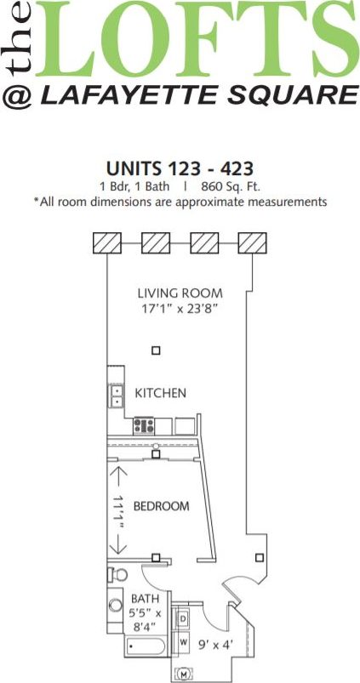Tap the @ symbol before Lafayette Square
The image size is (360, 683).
19,96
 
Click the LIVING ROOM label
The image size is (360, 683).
180,293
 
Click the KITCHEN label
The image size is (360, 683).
161,393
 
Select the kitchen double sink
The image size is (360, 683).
117,397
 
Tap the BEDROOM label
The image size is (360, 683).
161,506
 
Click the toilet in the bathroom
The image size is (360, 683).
114,574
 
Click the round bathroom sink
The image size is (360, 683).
116,606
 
